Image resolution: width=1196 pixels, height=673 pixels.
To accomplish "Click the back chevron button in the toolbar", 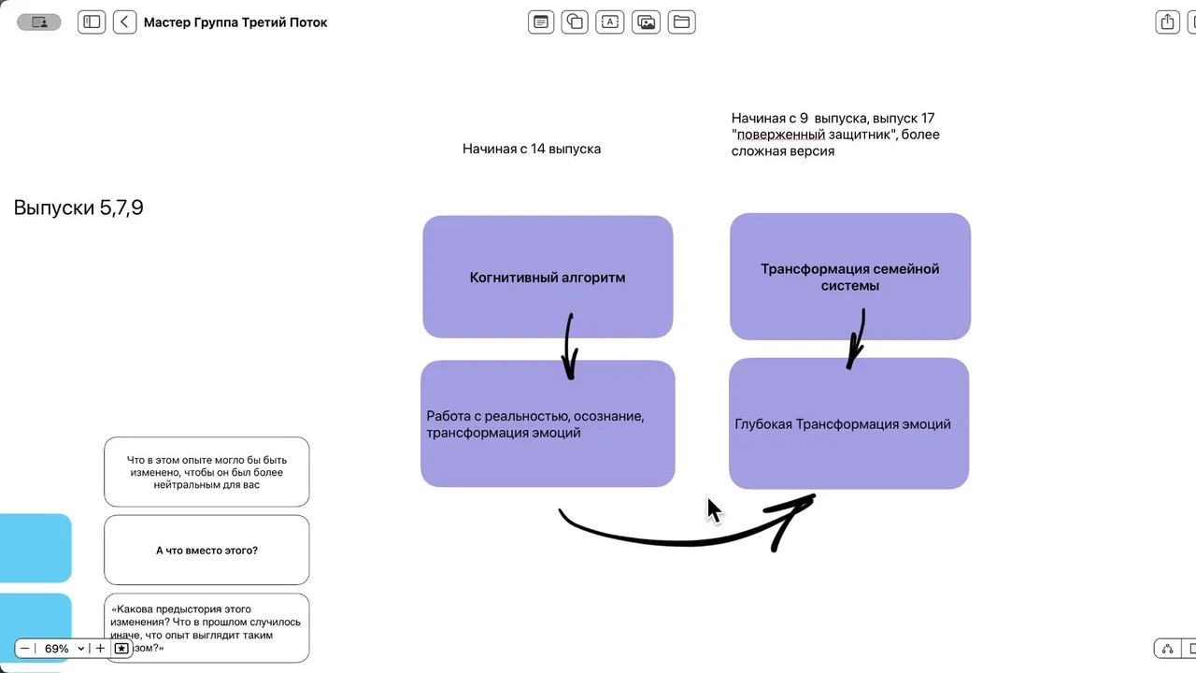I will tap(125, 22).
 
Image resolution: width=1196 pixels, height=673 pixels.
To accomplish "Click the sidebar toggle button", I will tap(92, 22).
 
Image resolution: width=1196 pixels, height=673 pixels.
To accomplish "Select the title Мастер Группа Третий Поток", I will tap(235, 22).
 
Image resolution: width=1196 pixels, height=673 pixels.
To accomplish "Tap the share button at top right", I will tap(1167, 22).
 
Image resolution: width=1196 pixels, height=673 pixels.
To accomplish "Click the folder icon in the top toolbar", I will tap(682, 22).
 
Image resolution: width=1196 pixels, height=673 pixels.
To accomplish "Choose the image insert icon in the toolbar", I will tap(646, 22).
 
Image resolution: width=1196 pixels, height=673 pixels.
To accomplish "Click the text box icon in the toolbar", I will tap(610, 22).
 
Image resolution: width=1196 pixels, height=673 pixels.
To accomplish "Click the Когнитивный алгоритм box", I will tap(548, 278).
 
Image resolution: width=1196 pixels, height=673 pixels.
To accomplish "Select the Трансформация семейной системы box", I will tap(849, 277).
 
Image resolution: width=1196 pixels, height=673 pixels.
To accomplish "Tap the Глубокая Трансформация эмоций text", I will tap(843, 424).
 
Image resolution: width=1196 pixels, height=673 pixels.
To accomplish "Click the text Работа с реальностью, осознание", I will tap(535, 416).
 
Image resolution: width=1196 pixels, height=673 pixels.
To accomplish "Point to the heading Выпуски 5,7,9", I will tap(78, 208).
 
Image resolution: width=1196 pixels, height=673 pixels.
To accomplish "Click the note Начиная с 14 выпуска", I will tap(532, 149).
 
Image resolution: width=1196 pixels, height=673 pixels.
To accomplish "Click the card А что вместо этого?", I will tap(206, 551).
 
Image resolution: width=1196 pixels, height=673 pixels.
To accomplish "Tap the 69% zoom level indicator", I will tap(62, 649).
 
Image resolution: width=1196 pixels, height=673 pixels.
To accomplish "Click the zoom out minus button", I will tap(25, 649).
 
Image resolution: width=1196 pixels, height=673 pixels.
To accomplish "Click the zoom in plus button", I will tap(101, 649).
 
